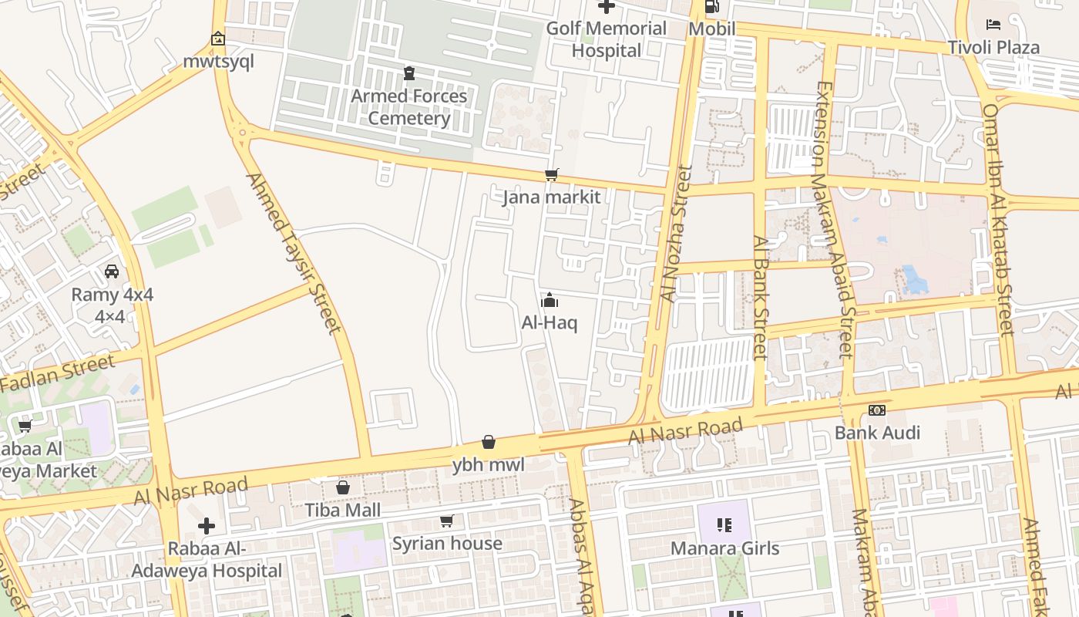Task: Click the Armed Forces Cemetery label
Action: (x=409, y=107)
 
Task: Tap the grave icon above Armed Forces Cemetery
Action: (x=409, y=73)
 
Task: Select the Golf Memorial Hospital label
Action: (x=607, y=39)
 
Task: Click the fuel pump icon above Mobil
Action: (x=712, y=7)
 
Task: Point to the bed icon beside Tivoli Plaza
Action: (x=993, y=25)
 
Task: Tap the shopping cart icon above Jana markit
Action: (x=551, y=175)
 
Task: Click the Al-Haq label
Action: (x=550, y=322)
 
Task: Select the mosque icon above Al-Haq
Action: (x=550, y=300)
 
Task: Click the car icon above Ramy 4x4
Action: (x=112, y=271)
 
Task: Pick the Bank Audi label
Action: (x=877, y=432)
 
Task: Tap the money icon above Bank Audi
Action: (x=877, y=410)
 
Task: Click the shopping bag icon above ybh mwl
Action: (x=488, y=442)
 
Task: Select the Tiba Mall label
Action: (x=343, y=510)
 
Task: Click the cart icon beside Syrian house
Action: (x=446, y=521)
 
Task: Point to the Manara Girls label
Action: (x=724, y=548)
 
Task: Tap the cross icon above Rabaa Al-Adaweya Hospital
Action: (x=206, y=527)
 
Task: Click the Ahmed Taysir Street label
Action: (x=294, y=253)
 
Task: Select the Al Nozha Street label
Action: (x=671, y=233)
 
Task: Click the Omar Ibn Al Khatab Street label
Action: (x=998, y=220)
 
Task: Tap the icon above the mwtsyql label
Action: (x=218, y=39)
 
